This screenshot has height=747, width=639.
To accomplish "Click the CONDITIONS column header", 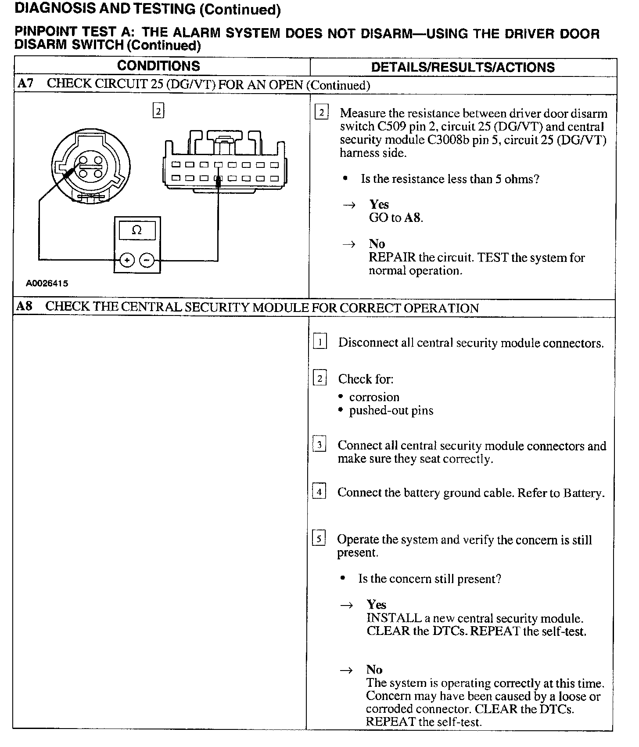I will (158, 66).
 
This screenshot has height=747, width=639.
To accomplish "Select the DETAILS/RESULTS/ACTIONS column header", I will (463, 67).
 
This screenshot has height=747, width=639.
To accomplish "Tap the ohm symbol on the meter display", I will (136, 230).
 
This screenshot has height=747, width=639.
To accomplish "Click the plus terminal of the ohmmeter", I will (127, 261).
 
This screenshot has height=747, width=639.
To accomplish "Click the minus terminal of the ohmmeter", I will (147, 261).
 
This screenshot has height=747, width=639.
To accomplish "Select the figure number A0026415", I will (47, 283).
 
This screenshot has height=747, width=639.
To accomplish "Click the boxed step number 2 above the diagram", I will (158, 110).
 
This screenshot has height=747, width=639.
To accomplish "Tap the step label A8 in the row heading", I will (25, 306).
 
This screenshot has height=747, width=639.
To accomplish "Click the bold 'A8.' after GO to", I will (413, 218).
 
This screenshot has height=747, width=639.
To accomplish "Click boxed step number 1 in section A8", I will (319, 342).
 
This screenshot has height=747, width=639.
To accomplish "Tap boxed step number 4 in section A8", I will (319, 492).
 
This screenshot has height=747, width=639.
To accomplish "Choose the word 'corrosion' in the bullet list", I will (374, 397).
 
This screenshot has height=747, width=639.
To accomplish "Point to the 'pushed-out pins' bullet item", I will (391, 410).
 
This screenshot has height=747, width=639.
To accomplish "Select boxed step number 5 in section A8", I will (319, 538).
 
